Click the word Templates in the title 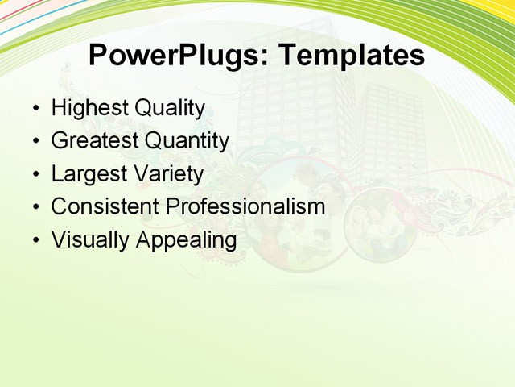click(352, 56)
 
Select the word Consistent click(105, 206)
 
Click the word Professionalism click(245, 207)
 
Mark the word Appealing click(187, 240)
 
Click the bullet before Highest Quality click(35, 109)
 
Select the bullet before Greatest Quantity click(35, 142)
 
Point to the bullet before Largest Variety click(35, 174)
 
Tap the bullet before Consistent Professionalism click(35, 207)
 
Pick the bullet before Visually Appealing click(35, 240)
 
